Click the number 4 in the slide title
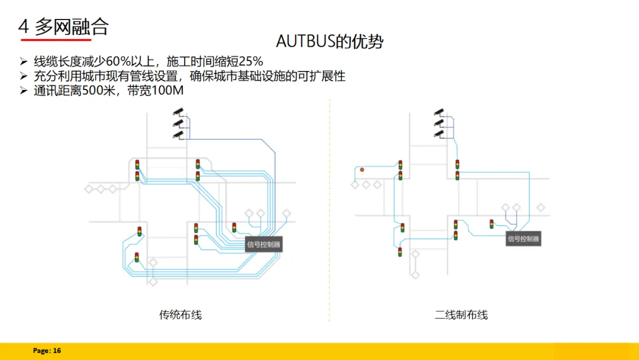[24, 26]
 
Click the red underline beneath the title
[56, 40]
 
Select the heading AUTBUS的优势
[330, 41]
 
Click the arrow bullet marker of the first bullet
[24, 62]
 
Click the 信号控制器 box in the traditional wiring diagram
[264, 244]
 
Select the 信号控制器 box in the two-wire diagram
[524, 239]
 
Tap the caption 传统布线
[180, 314]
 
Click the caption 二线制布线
[461, 314]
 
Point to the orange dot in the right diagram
[362, 170]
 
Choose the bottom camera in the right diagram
[438, 134]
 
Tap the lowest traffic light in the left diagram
[137, 257]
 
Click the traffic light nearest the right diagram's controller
[492, 224]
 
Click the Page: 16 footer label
[47, 351]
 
